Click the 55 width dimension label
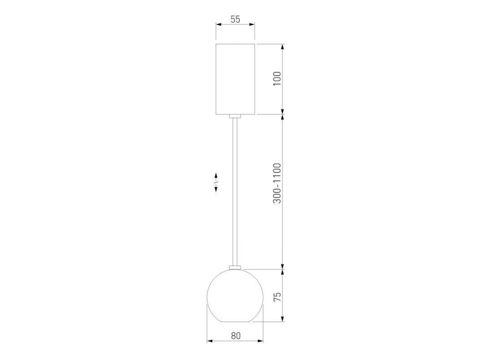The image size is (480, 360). click(235, 19)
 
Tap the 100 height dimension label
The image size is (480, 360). click(277, 79)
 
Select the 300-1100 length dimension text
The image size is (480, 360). click(277, 183)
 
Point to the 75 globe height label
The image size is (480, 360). click(277, 297)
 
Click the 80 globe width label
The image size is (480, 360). click(236, 336)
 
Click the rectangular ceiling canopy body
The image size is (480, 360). click(235, 79)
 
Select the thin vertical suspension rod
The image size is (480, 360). click(235, 192)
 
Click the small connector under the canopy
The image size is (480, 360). click(235, 116)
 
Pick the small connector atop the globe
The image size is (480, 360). click(235, 268)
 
